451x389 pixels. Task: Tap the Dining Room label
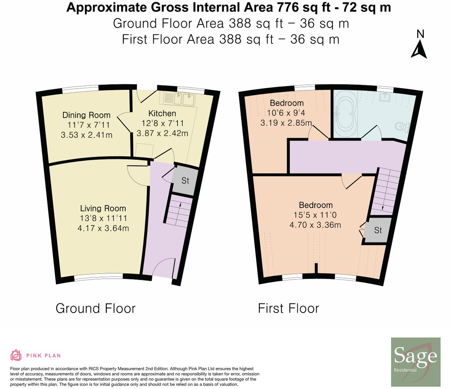click(x=86, y=115)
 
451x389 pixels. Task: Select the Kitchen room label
click(x=162, y=113)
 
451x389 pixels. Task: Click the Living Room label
click(x=103, y=208)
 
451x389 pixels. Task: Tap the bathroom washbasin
click(x=385, y=96)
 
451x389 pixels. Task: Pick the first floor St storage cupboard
click(x=378, y=230)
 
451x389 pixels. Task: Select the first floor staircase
click(x=387, y=190)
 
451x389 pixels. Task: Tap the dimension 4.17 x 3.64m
click(x=103, y=228)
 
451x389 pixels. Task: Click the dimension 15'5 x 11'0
click(x=315, y=215)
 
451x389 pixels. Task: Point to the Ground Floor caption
click(x=95, y=308)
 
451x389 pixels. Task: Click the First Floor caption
click(x=288, y=308)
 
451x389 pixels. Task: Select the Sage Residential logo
click(x=416, y=362)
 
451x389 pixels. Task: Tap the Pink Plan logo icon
click(x=16, y=355)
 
